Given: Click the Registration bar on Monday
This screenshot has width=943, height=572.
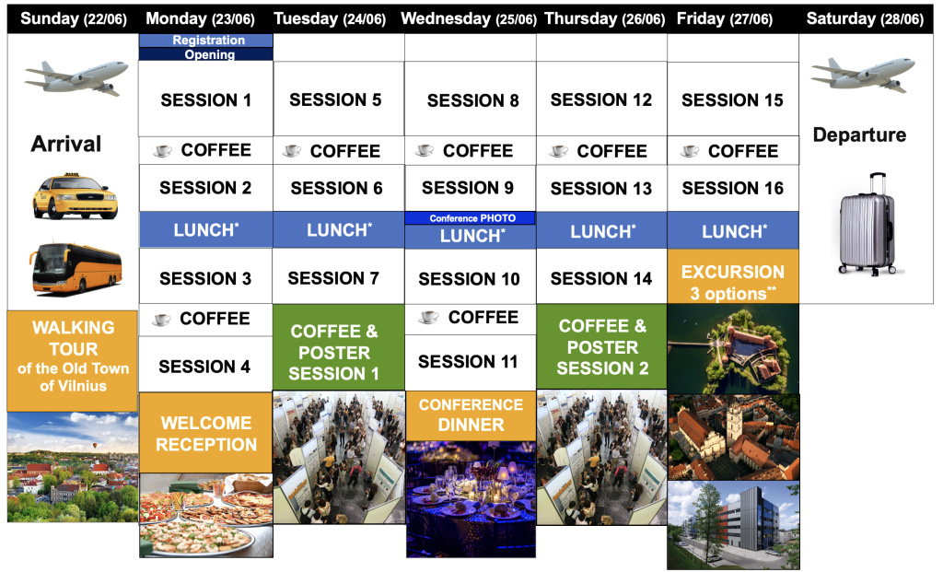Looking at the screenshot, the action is point(205,41).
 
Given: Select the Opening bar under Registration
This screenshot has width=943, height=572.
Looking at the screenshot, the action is point(205,54).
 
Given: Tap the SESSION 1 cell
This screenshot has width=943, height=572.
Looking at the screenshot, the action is point(205,99).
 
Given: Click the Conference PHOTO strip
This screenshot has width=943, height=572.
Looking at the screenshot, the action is point(470,217).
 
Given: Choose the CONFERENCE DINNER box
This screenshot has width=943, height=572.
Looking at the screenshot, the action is point(471,415).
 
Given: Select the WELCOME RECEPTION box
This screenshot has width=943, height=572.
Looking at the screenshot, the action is point(205,433).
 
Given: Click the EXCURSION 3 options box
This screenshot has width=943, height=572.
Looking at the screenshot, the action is point(733,276).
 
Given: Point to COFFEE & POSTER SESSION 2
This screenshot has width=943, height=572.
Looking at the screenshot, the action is point(601,346).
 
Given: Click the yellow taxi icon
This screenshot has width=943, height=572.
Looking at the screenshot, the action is point(76,196).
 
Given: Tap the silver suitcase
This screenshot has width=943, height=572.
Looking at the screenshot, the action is point(867,225).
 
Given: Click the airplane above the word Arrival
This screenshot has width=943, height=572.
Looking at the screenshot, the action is point(76,77).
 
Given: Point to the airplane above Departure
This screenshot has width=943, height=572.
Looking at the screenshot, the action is point(863,75).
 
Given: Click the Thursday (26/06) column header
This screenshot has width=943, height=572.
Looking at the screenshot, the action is point(604,18).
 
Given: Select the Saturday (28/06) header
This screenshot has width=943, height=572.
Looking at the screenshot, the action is point(865,18).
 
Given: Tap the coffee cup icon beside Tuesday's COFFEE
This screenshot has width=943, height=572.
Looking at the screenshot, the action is point(292,150).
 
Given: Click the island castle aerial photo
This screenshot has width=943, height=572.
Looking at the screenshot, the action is point(733,349).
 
